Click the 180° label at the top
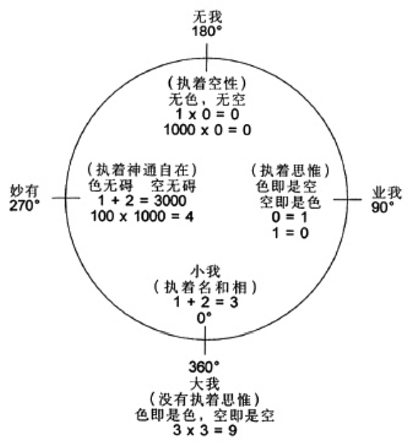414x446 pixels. point(207,31)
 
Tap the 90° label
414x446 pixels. point(383,207)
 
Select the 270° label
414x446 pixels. point(25,205)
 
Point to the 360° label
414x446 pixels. point(204,367)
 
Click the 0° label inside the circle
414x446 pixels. point(205,318)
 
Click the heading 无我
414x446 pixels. point(207,16)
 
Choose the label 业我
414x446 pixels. point(387,193)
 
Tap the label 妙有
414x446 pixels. point(25,191)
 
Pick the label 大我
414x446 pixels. point(205,384)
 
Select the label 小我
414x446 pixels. point(205,271)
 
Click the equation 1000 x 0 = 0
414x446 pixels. point(207,130)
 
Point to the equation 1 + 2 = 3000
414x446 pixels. point(142,200)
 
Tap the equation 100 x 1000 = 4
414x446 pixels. point(142,217)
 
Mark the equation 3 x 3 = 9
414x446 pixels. point(205,430)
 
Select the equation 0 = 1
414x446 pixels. point(289,217)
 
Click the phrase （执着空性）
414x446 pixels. point(207,84)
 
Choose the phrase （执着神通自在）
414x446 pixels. point(142,170)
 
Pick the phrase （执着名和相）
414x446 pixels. point(205,287)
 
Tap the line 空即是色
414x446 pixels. point(290,202)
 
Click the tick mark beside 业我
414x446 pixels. point(347,200)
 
